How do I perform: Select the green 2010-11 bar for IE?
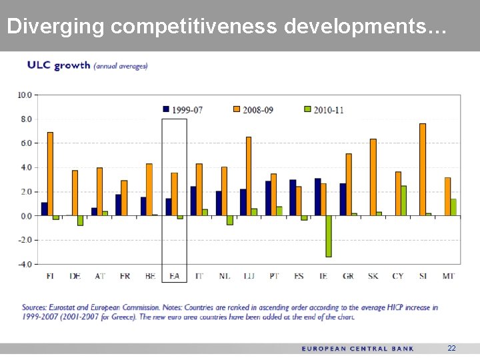click(x=329, y=236)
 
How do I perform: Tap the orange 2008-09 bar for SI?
click(x=422, y=169)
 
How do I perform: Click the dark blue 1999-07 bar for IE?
click(x=317, y=197)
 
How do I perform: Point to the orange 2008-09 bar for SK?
click(x=373, y=177)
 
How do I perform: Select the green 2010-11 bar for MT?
click(x=453, y=207)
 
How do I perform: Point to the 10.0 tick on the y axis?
click(x=24, y=95)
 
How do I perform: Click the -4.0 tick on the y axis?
click(x=24, y=264)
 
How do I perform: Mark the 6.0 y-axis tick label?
click(x=25, y=143)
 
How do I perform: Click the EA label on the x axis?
click(x=174, y=275)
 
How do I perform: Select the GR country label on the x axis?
click(x=348, y=275)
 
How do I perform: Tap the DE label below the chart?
click(x=75, y=275)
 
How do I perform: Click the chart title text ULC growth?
click(x=58, y=66)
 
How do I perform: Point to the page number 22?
click(x=451, y=349)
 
